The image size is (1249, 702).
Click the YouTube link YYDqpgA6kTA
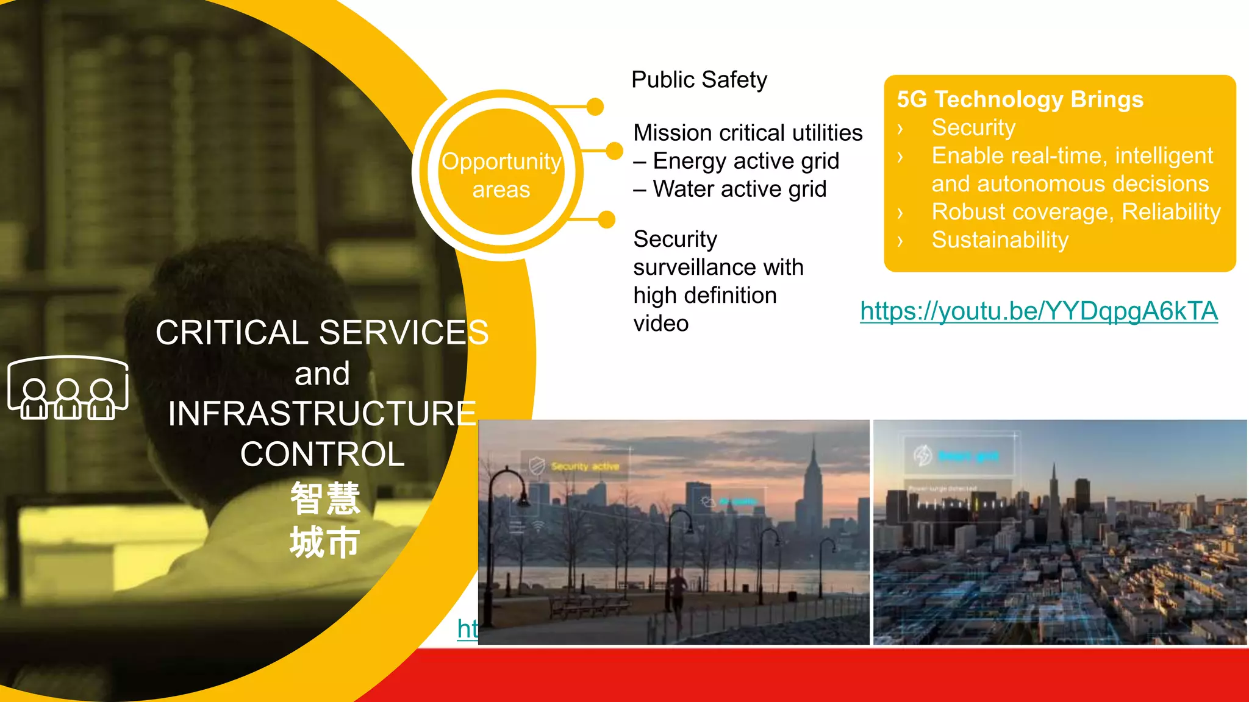pos(1039,311)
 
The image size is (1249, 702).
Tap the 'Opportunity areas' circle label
pos(501,175)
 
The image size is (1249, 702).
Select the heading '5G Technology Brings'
pos(1020,99)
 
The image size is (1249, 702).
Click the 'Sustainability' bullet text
pos(1000,240)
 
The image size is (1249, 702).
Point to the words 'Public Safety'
pos(699,80)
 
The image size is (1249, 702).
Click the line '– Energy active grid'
pos(736,161)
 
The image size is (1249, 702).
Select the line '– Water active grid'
pos(730,189)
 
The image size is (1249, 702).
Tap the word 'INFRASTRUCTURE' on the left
pos(322,414)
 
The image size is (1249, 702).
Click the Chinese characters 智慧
pos(325,498)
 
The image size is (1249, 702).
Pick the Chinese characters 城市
pos(325,542)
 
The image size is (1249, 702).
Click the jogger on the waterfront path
pos(677,591)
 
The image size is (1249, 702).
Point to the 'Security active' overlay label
pos(584,467)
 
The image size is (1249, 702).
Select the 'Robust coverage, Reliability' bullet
pos(1076,212)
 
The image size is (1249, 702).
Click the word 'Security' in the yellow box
pos(973,128)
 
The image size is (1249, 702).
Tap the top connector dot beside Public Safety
pos(595,107)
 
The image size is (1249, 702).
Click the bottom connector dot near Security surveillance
pos(606,219)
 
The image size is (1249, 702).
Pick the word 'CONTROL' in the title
pos(322,455)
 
